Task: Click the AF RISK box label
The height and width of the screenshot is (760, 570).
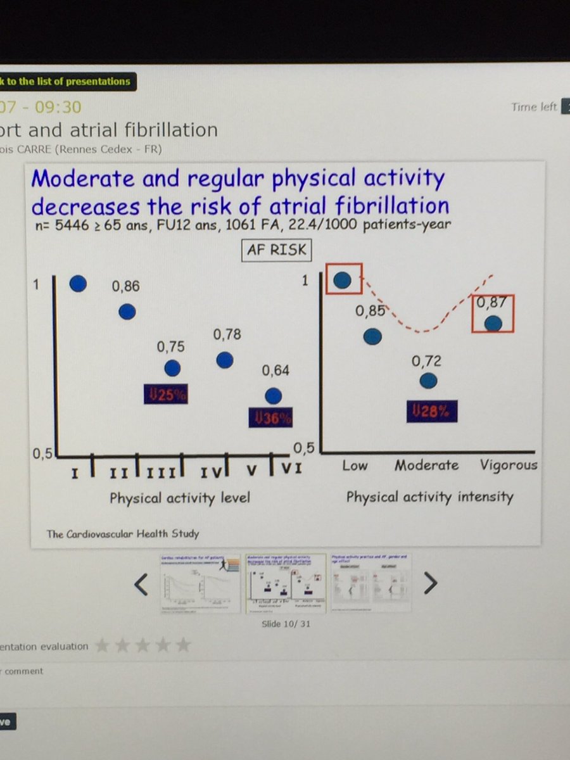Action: coord(277,250)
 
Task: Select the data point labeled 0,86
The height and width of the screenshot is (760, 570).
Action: coord(127,312)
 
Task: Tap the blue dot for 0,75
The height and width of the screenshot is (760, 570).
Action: coord(172,368)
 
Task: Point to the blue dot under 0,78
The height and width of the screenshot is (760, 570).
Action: coord(225,360)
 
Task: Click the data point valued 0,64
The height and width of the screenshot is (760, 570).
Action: coord(273,396)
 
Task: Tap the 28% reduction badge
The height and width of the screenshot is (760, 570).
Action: coord(431,410)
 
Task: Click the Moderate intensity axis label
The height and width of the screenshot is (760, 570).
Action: coord(426,465)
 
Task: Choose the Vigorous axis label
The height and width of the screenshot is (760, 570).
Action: coord(508,465)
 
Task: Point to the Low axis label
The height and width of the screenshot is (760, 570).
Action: coord(355,465)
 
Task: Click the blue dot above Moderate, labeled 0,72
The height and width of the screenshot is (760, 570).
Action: coord(429,381)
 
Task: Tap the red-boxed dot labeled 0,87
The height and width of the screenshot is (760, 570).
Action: coord(493,324)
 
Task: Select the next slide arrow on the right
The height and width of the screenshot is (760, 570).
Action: coord(430,583)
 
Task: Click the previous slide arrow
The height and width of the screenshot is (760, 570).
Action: coord(141,585)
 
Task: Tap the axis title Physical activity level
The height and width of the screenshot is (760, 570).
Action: coord(180,498)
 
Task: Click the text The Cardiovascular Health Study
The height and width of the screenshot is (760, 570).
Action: coord(123,533)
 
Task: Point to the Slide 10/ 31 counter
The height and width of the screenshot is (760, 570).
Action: coord(286,624)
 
